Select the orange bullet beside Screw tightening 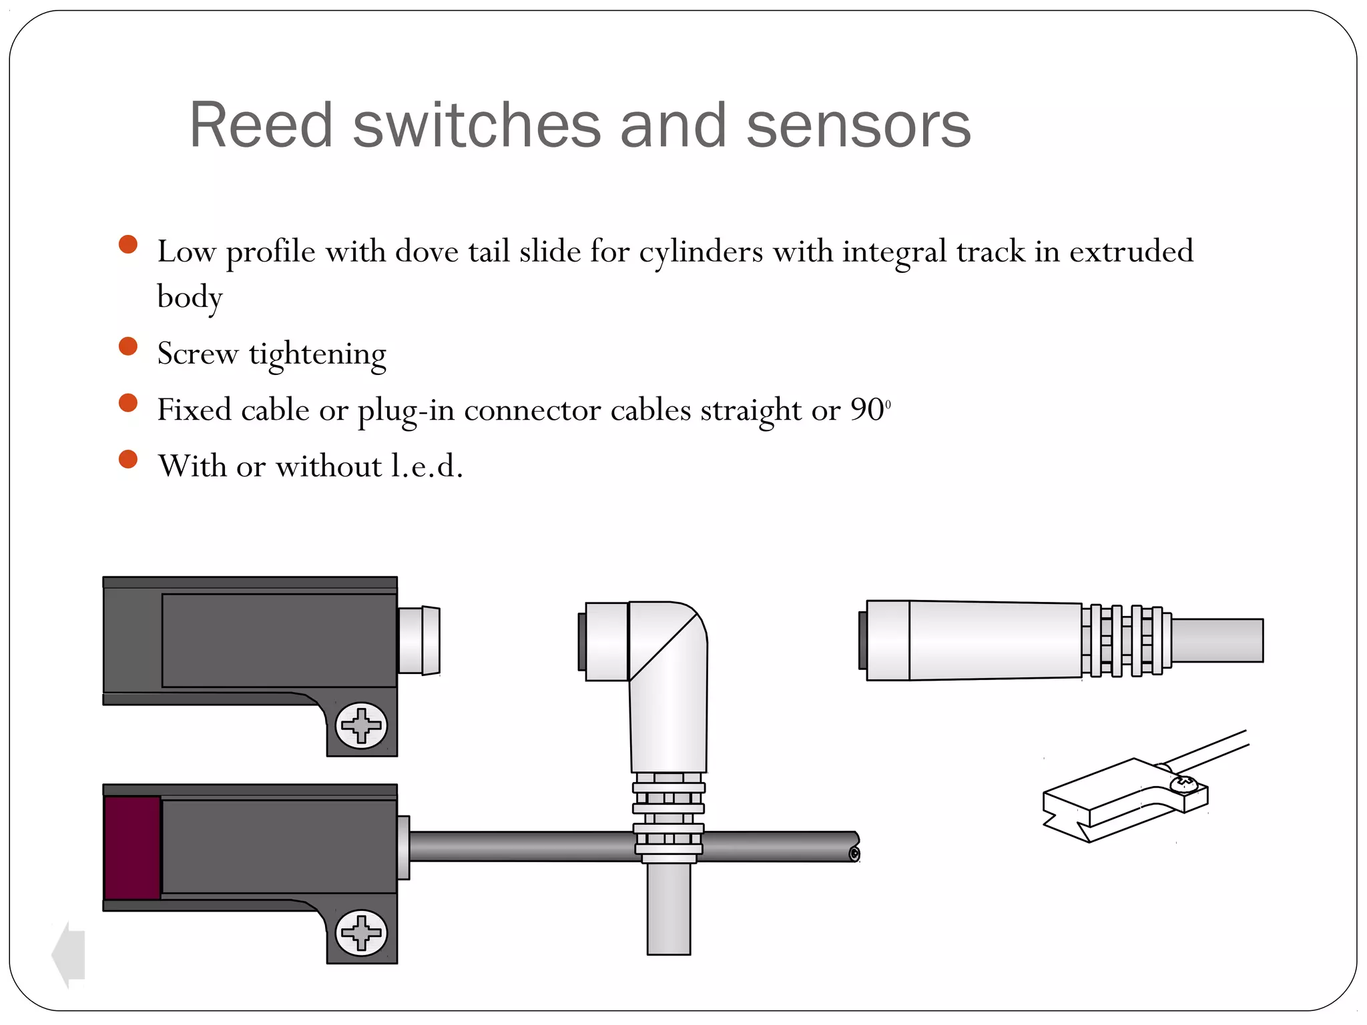[127, 346]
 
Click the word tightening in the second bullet [318, 354]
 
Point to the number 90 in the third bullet [867, 410]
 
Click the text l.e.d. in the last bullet [427, 466]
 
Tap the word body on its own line [190, 297]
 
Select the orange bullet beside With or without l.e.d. [127, 459]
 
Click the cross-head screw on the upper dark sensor [361, 725]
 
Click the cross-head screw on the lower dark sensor [361, 932]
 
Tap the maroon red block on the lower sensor [132, 847]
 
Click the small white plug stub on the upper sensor [419, 640]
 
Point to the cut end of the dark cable [854, 853]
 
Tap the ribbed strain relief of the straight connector [1125, 641]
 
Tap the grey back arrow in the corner [69, 954]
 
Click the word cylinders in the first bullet [700, 252]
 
